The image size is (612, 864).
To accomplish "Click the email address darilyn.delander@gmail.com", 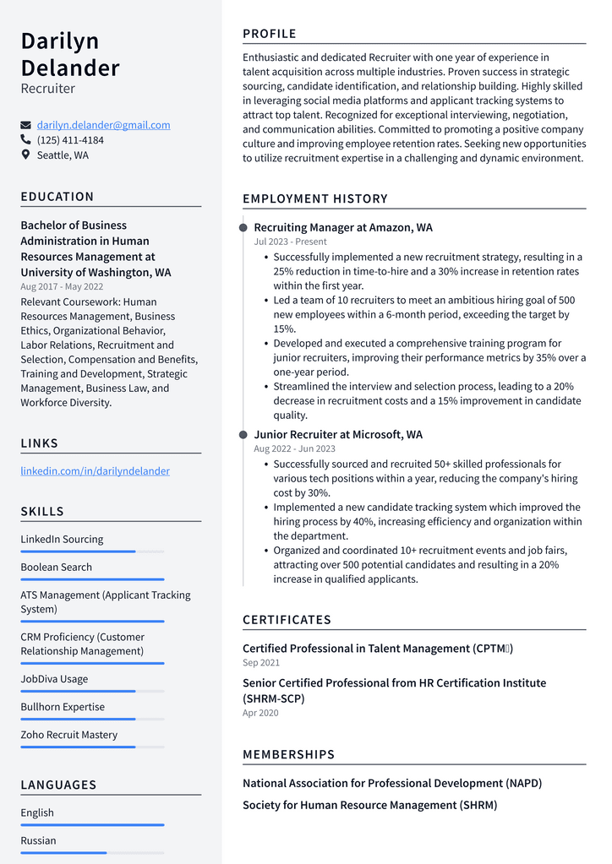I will pyautogui.click(x=103, y=125).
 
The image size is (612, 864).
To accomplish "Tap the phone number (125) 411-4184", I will pyautogui.click(x=70, y=140).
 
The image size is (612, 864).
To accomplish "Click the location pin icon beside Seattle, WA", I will pyautogui.click(x=25, y=155).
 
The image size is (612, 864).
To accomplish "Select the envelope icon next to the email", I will pyautogui.click(x=25, y=125).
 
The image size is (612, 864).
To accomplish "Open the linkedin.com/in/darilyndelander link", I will pyautogui.click(x=95, y=470).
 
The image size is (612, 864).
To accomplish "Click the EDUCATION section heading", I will pyautogui.click(x=57, y=197).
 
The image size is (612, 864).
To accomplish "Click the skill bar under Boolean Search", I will pyautogui.click(x=92, y=579).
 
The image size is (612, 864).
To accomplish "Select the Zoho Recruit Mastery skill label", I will pyautogui.click(x=68, y=735).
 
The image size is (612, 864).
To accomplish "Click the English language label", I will pyautogui.click(x=37, y=812).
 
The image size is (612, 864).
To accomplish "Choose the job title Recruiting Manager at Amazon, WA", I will pyautogui.click(x=342, y=228).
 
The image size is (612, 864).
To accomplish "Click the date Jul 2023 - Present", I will pyautogui.click(x=290, y=242).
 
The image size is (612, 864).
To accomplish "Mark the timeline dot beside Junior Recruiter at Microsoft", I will pyautogui.click(x=243, y=435).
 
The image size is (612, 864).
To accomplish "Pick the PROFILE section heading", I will pyautogui.click(x=269, y=34).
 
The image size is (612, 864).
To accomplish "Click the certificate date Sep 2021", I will pyautogui.click(x=261, y=663).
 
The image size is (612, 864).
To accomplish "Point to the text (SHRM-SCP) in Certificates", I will pyautogui.click(x=273, y=698).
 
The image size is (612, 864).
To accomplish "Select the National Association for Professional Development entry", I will pyautogui.click(x=392, y=783).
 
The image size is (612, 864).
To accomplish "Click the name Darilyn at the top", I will pyautogui.click(x=60, y=41).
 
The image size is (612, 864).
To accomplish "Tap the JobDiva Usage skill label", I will pyautogui.click(x=54, y=679).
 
